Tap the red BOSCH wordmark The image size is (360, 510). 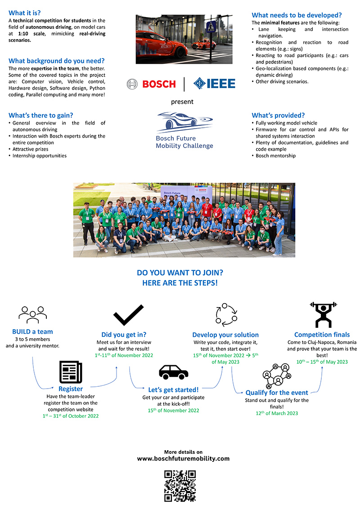(x=159, y=84)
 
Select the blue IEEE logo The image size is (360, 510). (x=214, y=84)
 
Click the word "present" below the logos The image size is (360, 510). (x=182, y=102)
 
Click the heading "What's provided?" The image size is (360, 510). (x=278, y=115)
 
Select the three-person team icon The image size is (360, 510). (x=33, y=314)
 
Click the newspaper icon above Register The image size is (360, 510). (x=71, y=371)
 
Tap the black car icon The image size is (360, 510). (x=173, y=372)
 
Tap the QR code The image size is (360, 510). (x=180, y=486)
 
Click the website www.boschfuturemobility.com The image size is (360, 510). (x=183, y=459)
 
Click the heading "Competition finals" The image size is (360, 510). (x=321, y=335)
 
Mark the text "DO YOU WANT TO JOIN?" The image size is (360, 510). (x=180, y=273)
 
